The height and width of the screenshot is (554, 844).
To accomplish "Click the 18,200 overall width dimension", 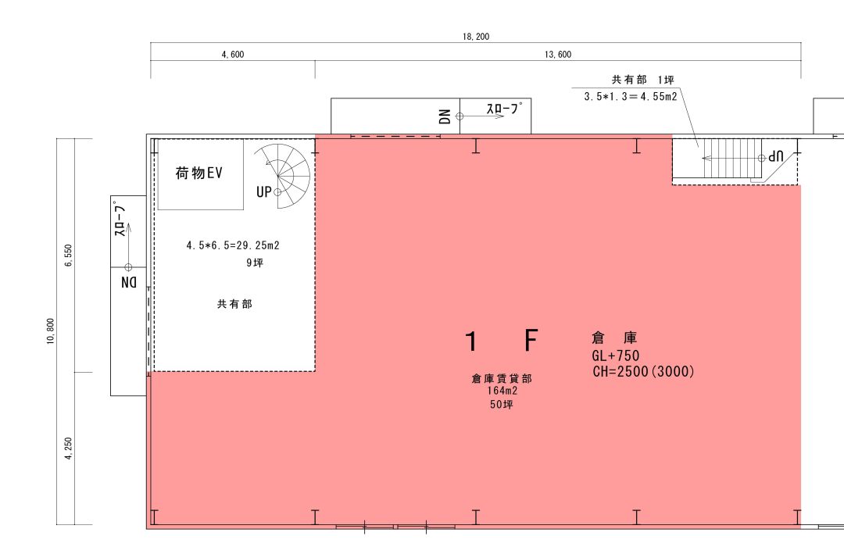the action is pos(476,37).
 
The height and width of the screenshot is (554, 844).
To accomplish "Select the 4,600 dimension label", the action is pos(233,55).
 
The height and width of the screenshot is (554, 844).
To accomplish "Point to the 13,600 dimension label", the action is pos(558,55).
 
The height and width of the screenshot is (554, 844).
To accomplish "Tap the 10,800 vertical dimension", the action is pos(51,331).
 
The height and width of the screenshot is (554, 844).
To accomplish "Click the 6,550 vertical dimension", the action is pos(68,256).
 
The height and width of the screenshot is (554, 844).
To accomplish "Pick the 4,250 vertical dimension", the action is pos(68,449).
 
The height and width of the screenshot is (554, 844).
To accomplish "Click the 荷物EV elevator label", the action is pos(198,173).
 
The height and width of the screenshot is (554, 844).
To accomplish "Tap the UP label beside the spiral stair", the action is pos(264,191).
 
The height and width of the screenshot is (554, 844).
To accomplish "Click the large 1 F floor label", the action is pos(502,341).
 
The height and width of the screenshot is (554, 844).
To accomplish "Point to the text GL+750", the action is pos(616,356).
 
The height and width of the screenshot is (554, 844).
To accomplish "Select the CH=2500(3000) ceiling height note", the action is pos(643,371).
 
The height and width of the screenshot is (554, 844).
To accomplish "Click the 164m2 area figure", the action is pos(502,391).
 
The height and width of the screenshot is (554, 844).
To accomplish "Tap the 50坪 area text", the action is pos(502,404).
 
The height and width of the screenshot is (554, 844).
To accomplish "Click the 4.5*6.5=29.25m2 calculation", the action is pos(233,245).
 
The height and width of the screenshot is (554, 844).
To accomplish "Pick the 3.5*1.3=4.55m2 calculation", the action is pos(631,97).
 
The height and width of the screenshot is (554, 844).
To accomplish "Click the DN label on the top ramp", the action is pos(445,116).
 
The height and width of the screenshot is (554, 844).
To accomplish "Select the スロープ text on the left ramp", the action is pos(120,220).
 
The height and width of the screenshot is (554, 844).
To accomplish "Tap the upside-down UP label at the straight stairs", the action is pos(776,157).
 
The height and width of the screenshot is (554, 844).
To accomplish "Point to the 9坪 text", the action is pos(255,263).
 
